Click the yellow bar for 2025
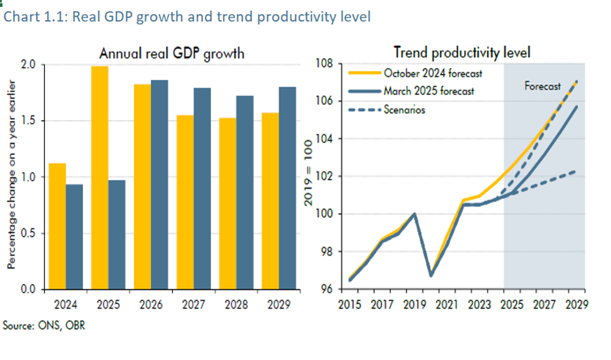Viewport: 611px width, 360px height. coord(100,178)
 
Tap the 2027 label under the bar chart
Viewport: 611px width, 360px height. coord(193,305)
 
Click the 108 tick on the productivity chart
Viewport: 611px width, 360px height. coord(328,64)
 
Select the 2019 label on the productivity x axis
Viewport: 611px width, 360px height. coord(414,305)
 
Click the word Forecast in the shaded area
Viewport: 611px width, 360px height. coord(542,86)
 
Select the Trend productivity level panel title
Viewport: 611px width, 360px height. coord(461,52)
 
